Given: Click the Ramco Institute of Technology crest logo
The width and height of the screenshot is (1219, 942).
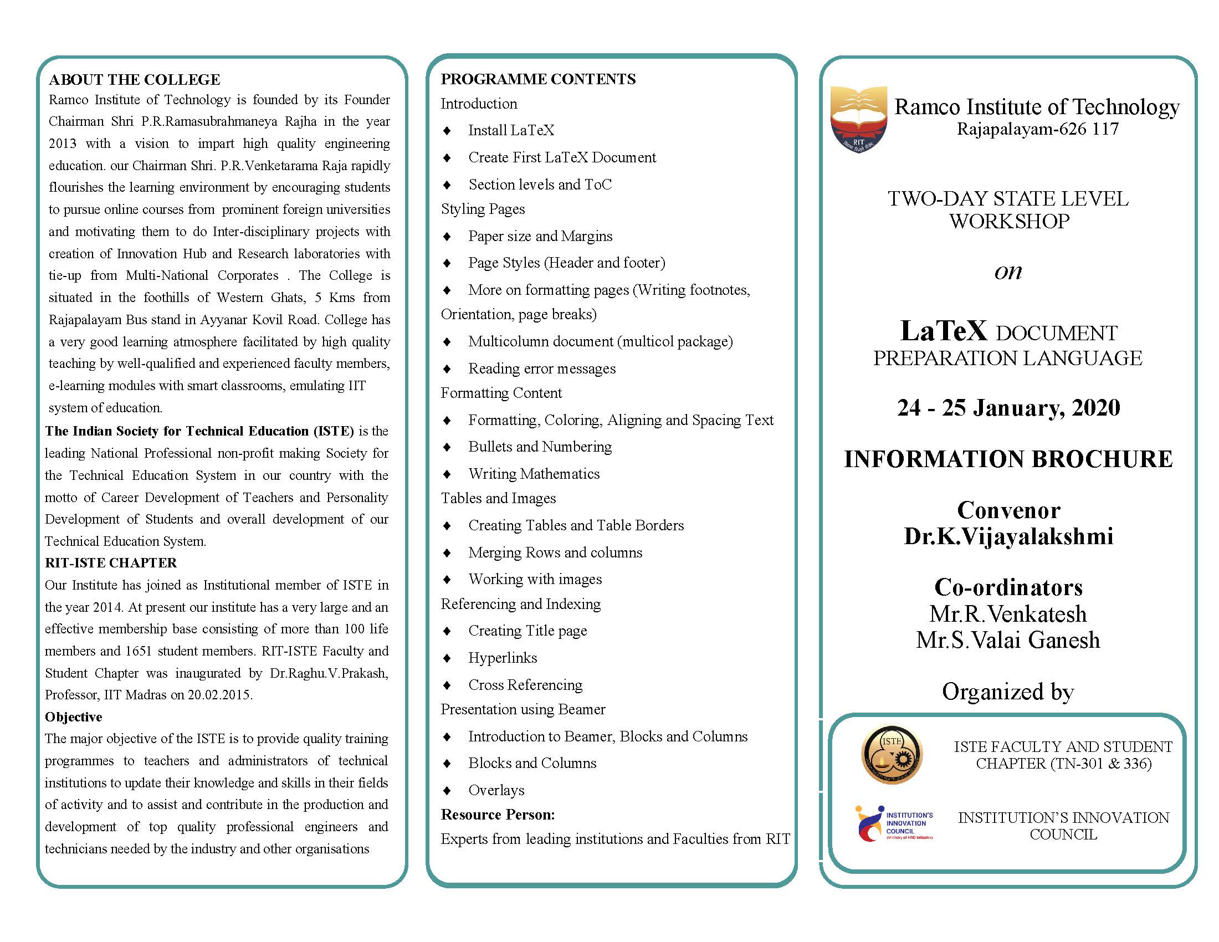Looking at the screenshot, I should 858,119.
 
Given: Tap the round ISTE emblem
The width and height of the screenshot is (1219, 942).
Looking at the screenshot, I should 892,754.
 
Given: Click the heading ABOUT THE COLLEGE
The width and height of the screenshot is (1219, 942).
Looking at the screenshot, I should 135,80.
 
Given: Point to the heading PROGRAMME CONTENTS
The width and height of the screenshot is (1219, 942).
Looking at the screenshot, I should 537,79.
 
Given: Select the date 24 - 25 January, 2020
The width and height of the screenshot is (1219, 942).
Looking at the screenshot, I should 1008,408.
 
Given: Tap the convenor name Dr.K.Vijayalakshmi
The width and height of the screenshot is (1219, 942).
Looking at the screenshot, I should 1008,536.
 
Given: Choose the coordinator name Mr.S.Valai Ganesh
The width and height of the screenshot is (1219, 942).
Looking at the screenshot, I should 1007,640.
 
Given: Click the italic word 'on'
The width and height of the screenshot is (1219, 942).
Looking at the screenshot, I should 1008,272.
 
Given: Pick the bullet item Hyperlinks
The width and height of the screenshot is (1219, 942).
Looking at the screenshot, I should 503,658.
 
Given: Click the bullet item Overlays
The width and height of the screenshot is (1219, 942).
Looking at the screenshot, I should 496,790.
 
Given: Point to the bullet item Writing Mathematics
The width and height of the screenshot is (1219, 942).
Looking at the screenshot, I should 534,474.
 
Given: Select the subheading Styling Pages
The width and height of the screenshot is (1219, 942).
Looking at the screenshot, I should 483,209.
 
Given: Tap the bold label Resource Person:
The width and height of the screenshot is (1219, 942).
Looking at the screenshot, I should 498,815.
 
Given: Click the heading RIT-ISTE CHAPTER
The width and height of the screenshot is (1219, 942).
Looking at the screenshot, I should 110,562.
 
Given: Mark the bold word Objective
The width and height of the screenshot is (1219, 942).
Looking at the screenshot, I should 74,717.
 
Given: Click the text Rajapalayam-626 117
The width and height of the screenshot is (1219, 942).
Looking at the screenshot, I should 1038,130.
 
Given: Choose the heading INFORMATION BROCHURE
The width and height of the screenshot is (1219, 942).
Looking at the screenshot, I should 1008,459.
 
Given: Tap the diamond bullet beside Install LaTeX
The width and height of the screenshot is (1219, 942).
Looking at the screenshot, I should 447,131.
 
